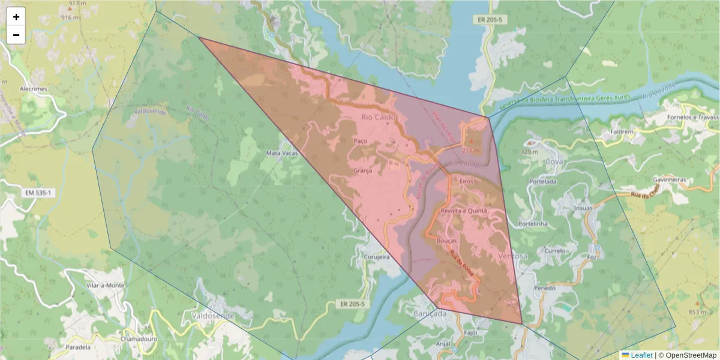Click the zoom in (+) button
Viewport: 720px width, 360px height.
click(x=16, y=17)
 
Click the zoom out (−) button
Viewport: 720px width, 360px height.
click(x=16, y=35)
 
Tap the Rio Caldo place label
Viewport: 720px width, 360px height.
click(x=376, y=117)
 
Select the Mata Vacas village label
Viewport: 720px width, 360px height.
click(x=281, y=154)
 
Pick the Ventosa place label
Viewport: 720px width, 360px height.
click(x=513, y=256)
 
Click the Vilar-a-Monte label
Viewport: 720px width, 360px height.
click(x=105, y=286)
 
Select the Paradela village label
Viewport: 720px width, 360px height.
click(x=78, y=347)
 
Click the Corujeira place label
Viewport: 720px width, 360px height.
click(x=377, y=257)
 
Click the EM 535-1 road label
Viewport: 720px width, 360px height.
click(x=37, y=193)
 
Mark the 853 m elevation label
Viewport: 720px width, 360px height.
click(x=697, y=312)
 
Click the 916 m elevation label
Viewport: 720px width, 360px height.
click(x=70, y=18)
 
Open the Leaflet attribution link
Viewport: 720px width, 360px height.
click(x=641, y=355)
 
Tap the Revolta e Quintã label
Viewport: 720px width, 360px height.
click(x=463, y=211)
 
